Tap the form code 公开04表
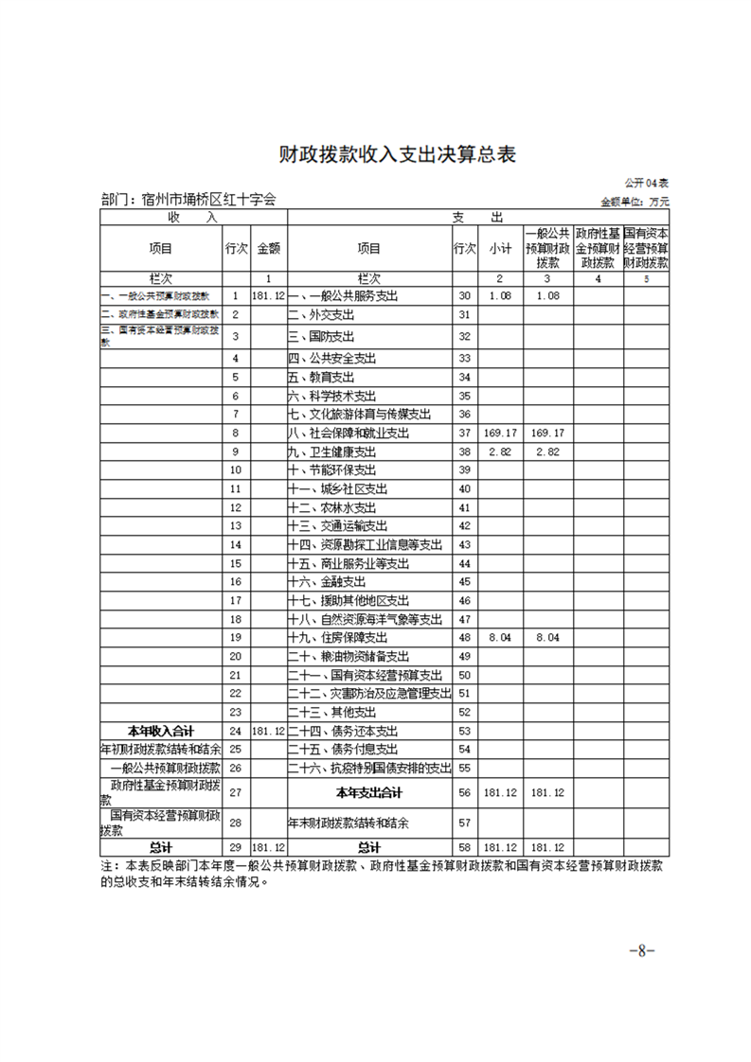(647, 183)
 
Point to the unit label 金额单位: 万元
(635, 202)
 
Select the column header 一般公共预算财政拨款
(547, 248)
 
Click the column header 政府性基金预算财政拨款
(597, 248)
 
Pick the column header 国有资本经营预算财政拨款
(646, 248)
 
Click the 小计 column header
(500, 249)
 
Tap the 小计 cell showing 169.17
(499, 433)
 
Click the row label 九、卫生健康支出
(334, 451)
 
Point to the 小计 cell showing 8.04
(499, 638)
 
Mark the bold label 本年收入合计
(162, 731)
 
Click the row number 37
(464, 433)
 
